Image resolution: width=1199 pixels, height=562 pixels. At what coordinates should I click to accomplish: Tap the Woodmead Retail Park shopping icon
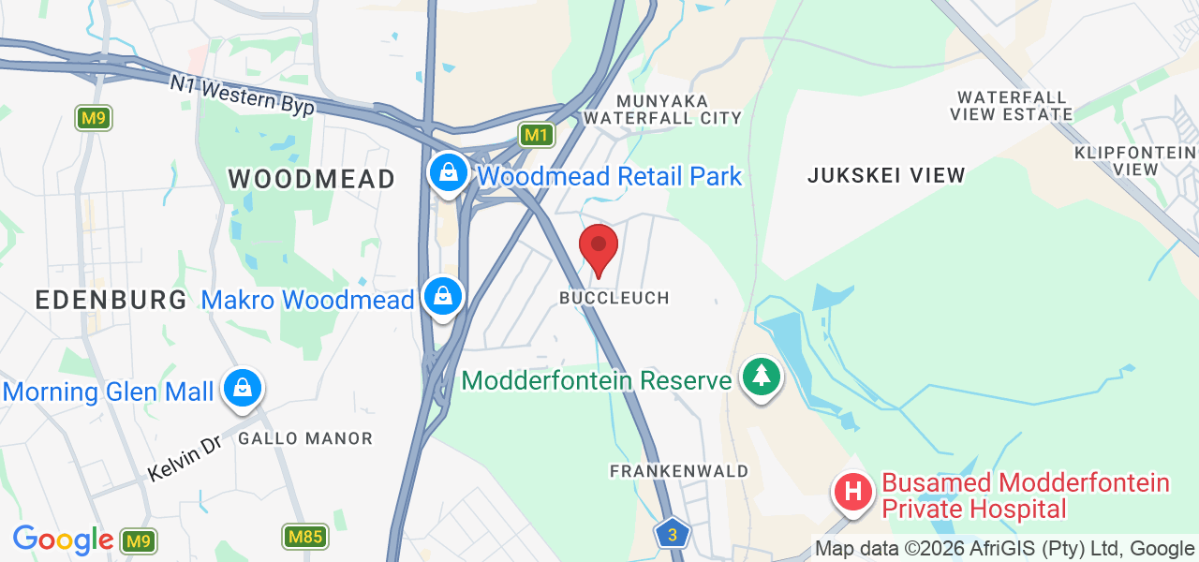click(449, 173)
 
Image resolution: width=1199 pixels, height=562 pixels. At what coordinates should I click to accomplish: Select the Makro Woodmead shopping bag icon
click(443, 296)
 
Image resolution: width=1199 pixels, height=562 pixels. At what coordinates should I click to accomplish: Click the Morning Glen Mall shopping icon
click(243, 387)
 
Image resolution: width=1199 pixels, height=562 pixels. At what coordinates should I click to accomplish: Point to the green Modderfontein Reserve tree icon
click(762, 377)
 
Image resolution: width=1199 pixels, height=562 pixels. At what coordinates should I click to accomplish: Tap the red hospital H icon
click(853, 491)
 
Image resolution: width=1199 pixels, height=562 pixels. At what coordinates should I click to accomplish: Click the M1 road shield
click(536, 135)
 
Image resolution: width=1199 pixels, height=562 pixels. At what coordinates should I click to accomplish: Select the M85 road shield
click(303, 537)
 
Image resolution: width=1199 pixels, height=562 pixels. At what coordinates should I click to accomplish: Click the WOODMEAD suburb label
click(311, 179)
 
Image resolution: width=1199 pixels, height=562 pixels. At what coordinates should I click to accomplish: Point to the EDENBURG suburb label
click(111, 300)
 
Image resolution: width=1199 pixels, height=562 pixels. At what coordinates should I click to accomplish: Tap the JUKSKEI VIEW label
click(886, 175)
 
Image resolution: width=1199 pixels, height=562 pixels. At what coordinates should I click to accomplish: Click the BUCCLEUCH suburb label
click(614, 298)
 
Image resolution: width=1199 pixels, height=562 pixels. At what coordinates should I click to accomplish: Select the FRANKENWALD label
click(679, 471)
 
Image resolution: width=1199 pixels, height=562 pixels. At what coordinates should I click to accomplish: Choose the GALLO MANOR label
click(305, 438)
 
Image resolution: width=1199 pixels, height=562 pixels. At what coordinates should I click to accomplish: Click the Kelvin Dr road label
click(184, 458)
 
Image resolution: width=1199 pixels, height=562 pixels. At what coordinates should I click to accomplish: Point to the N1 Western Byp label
click(242, 96)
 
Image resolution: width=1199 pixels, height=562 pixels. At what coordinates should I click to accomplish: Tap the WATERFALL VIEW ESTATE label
click(1011, 106)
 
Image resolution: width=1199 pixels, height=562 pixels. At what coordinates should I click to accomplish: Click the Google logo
click(63, 540)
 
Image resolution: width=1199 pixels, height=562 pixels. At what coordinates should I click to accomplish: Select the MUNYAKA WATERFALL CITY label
click(661, 109)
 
